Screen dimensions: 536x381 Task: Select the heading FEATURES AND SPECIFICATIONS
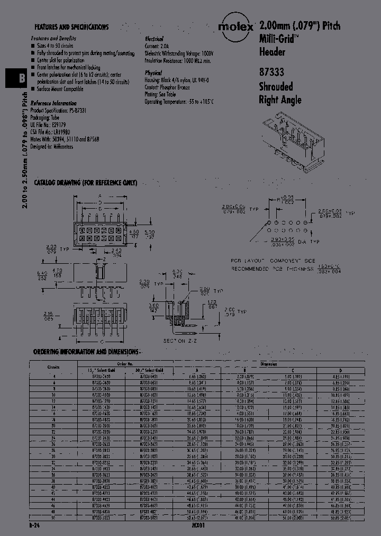click(x=72, y=27)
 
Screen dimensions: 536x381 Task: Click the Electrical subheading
click(x=155, y=39)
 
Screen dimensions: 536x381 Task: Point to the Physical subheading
click(x=153, y=73)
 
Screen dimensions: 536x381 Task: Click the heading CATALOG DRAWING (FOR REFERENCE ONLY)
click(x=85, y=183)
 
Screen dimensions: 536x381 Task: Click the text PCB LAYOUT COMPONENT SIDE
click(x=273, y=261)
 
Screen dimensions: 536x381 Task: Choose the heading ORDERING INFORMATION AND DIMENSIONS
click(x=86, y=352)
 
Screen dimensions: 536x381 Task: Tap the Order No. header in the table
click(x=125, y=364)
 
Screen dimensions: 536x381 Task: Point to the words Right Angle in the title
click(x=280, y=100)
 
